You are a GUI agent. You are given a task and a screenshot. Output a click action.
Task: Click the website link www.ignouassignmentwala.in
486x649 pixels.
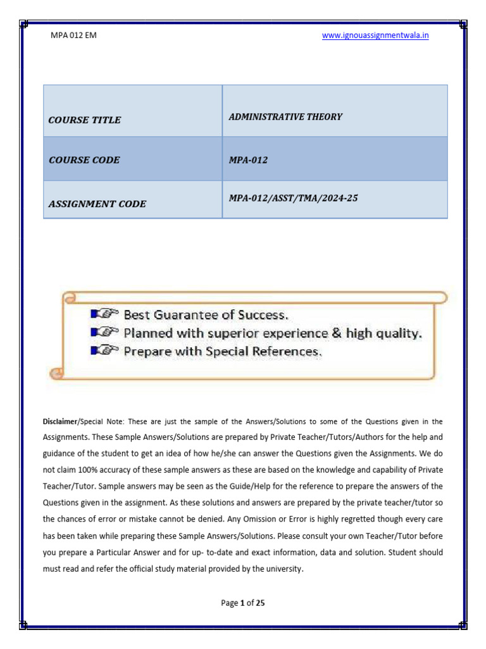coord(375,35)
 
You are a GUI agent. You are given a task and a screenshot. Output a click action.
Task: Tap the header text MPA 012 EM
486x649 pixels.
coord(73,35)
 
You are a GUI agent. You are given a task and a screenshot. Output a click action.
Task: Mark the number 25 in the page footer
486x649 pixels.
coord(259,603)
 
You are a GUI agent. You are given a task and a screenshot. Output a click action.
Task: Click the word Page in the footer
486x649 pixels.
coord(229,603)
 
